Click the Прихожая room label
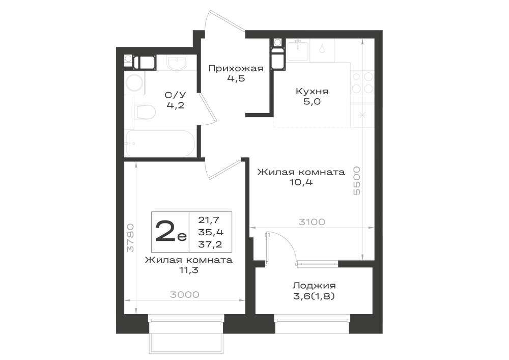236,69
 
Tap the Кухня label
312,91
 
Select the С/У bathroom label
175,95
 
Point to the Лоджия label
314,286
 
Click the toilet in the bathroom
145,112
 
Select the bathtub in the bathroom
160,143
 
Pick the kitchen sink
298,50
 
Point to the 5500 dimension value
357,180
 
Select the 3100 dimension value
312,222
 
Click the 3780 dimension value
130,238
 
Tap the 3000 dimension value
184,295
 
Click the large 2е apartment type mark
171,232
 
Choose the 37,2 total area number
210,244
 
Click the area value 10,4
301,182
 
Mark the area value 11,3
188,270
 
